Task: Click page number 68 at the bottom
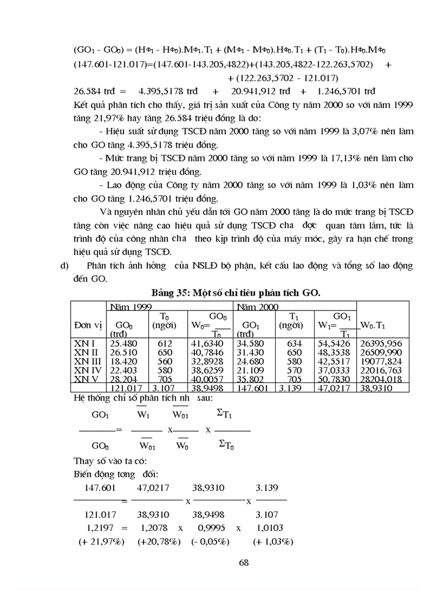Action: pyautogui.click(x=243, y=562)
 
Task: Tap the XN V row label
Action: pyautogui.click(x=86, y=379)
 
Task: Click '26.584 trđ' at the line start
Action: pyautogui.click(x=92, y=91)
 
